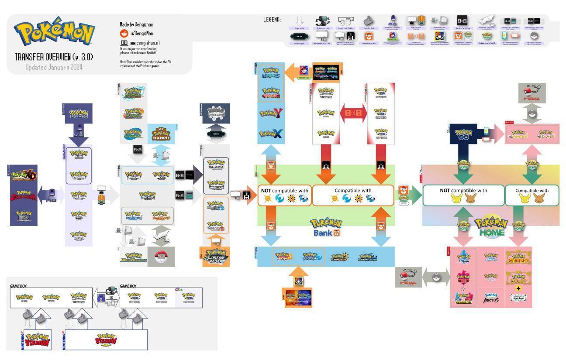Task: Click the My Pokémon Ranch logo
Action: pos(161,134)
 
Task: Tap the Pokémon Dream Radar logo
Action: pos(216,257)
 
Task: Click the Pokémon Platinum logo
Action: pos(147,195)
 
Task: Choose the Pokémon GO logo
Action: pos(463,134)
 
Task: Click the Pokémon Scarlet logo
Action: pos(518,258)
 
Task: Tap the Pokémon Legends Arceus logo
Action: pos(491,298)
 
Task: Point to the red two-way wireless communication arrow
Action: pos(353,113)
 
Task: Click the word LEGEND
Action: pos(272,20)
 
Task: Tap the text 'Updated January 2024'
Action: pos(54,67)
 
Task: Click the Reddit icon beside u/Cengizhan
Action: pos(124,33)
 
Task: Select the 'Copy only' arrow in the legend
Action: pos(299,21)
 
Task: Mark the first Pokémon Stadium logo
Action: pos(38,340)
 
